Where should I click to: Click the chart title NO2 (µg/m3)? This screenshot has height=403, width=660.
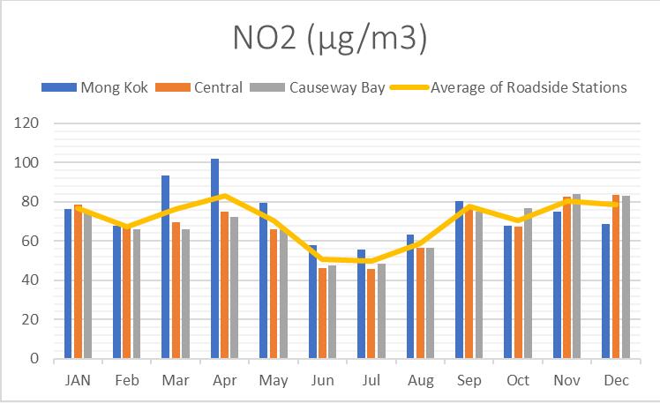pos(330,39)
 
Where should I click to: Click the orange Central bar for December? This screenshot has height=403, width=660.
pos(615,277)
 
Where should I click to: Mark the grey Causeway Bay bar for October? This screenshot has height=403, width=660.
pos(528,283)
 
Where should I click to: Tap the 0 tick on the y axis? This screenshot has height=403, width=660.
pos(36,359)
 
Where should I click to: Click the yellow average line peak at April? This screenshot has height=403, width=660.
pos(225,196)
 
